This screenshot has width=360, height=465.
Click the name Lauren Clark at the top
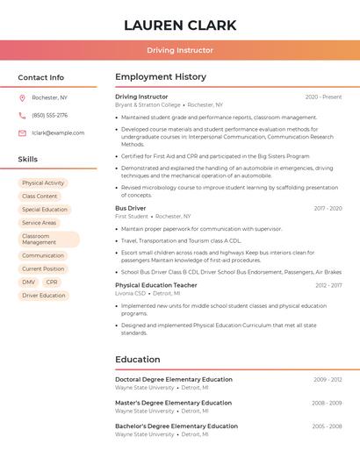[x=180, y=25]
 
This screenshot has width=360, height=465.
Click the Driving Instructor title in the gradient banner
[x=180, y=50]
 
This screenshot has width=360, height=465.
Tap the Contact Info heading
[x=41, y=77]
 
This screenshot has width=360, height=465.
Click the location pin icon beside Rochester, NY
[x=22, y=97]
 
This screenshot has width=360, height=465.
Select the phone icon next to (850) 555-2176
[x=22, y=115]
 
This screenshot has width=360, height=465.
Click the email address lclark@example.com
[x=58, y=132]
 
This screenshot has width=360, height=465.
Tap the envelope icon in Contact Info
[x=22, y=132]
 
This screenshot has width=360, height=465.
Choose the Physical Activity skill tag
[x=43, y=183]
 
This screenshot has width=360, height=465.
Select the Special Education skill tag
[x=45, y=210]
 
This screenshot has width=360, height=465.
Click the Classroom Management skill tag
[x=48, y=240]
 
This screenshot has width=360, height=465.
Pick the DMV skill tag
[x=29, y=283]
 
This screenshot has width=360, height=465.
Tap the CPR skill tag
[x=52, y=283]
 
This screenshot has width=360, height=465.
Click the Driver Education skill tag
[x=44, y=296]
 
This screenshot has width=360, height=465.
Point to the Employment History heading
[x=161, y=77]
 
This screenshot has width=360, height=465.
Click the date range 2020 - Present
[x=323, y=97]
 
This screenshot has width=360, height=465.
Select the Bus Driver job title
[x=130, y=208]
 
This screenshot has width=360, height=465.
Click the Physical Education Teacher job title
[x=156, y=285]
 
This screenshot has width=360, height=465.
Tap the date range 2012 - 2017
[x=328, y=285]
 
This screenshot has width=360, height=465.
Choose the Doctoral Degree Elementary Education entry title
[x=174, y=380]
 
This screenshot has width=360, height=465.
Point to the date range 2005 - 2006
[x=328, y=426]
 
